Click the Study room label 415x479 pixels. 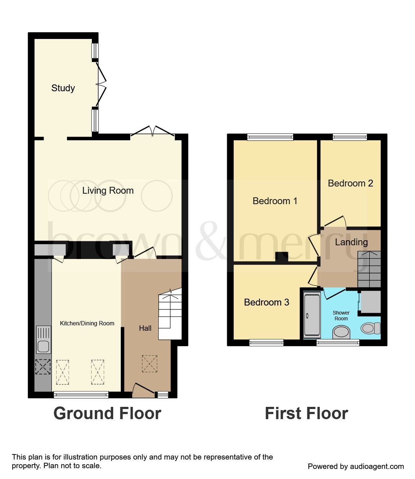click(x=63, y=88)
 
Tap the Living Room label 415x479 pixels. click(x=108, y=190)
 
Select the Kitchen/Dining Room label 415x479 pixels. click(x=87, y=324)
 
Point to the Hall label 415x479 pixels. click(x=145, y=328)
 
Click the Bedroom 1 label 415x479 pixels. click(x=275, y=201)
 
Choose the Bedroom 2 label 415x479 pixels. click(x=350, y=183)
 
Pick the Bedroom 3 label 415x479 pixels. click(x=266, y=302)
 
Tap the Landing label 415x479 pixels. click(x=351, y=242)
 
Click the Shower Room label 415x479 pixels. click(x=341, y=316)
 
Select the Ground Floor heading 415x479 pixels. click(x=107, y=413)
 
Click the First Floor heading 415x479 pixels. click(x=306, y=413)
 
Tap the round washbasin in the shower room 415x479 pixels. click(x=341, y=332)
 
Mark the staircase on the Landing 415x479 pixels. click(x=369, y=269)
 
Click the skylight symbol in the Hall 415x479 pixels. click(x=150, y=364)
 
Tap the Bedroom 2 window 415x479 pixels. click(x=350, y=137)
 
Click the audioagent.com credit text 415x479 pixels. click(x=356, y=466)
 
